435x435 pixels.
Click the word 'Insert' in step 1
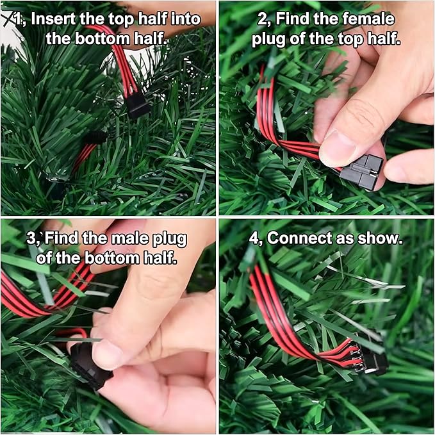click(x=53, y=19)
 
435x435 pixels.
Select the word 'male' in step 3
click(x=130, y=238)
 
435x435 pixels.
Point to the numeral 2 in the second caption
click(x=262, y=19)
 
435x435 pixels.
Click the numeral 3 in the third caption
click(x=31, y=238)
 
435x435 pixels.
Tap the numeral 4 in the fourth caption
click(x=254, y=238)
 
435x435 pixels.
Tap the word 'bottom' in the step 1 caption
click(x=103, y=39)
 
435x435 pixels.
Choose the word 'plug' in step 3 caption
click(x=170, y=240)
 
